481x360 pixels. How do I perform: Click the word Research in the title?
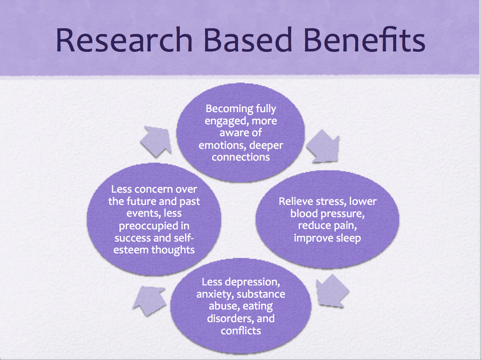pyautogui.click(x=124, y=40)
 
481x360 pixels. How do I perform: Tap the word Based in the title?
pyautogui.click(x=248, y=40)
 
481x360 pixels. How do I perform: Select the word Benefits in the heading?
pyautogui.click(x=364, y=40)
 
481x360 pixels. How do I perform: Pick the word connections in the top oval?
pyautogui.click(x=241, y=157)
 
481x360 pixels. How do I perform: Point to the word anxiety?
pyautogui.click(x=215, y=294)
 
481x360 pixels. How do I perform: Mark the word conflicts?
pyautogui.click(x=241, y=331)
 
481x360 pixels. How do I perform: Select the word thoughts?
pyautogui.click(x=173, y=250)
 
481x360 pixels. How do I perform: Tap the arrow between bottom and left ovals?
pyautogui.click(x=149, y=301)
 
